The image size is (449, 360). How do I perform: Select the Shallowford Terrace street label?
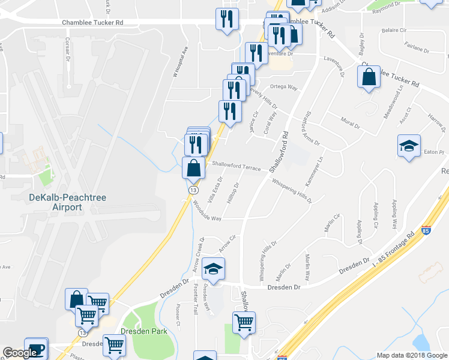[235, 167]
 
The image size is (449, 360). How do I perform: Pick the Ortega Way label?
[284, 86]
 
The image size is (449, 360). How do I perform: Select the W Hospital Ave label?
[177, 62]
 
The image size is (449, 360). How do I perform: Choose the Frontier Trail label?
[196, 299]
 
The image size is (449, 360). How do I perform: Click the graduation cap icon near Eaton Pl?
[409, 145]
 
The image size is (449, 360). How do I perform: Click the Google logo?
[20, 353]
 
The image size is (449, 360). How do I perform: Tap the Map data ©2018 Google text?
[411, 355]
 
